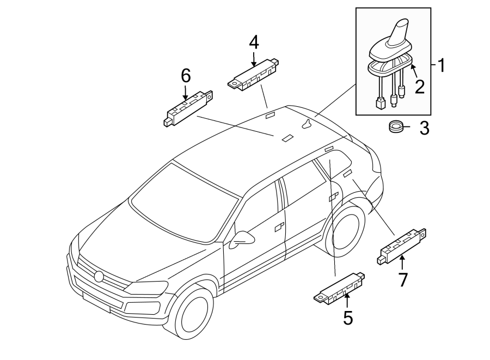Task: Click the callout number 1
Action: pos(440,65)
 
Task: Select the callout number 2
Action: pos(420,87)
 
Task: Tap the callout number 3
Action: pos(424,128)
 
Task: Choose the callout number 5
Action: pos(348,318)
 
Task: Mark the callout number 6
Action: pos(186,76)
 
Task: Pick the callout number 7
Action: pos(402,280)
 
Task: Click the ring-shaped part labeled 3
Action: pos(396,127)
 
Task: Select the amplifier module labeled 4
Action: pos(253,75)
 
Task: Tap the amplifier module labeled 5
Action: pos(339,289)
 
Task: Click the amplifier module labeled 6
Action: pos(188,108)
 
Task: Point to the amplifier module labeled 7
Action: pos(402,246)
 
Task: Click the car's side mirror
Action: pos(242,239)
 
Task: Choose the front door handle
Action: pos(280,227)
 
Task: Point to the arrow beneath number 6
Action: pos(185,93)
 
